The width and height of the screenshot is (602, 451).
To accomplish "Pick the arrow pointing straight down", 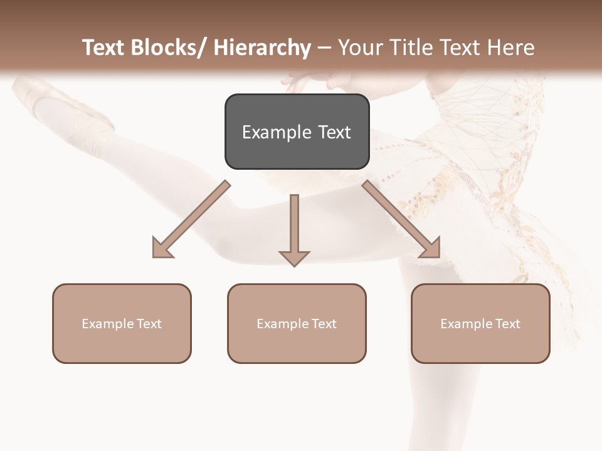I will coord(294,225).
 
